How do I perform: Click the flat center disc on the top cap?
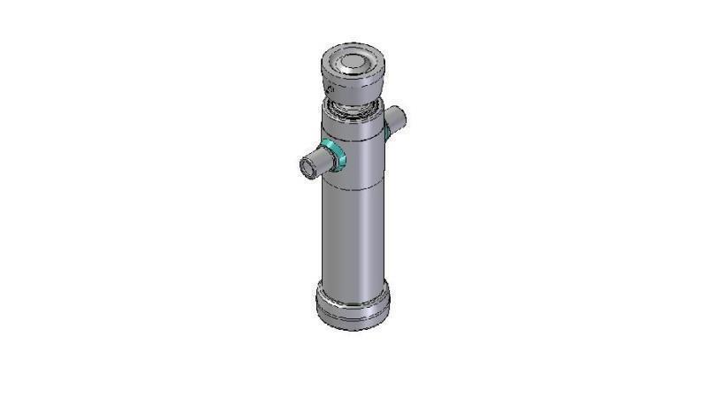tap(352, 62)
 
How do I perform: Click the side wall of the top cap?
tap(353, 89)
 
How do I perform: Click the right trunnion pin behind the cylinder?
tap(395, 118)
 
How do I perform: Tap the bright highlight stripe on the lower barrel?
tap(364, 239)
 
